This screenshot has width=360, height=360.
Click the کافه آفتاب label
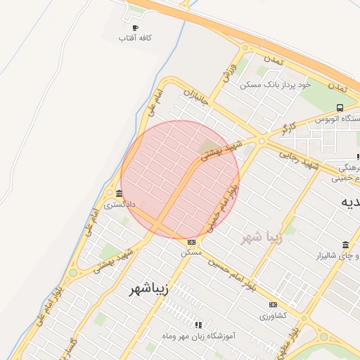click(x=136, y=37)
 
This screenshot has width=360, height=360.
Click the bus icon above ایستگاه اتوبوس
click(x=340, y=108)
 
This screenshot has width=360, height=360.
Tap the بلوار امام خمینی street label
click(x=223, y=205)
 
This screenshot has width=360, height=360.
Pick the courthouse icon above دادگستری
click(x=119, y=194)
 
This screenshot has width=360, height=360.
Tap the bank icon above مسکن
click(x=191, y=241)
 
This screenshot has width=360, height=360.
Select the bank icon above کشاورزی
click(x=273, y=304)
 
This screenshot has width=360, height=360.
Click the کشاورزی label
click(x=273, y=316)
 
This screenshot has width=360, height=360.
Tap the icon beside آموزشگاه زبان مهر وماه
click(x=198, y=325)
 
